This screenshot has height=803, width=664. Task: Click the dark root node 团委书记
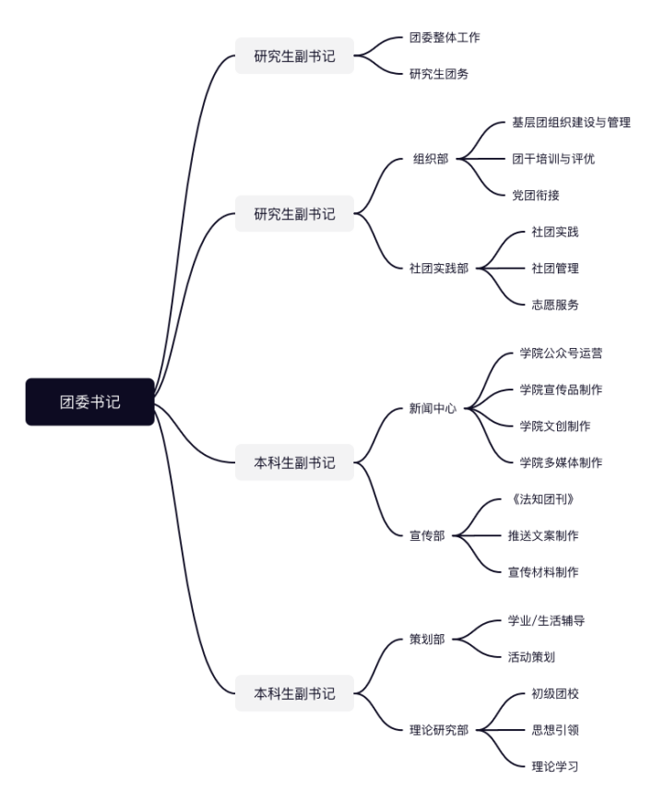click(x=89, y=401)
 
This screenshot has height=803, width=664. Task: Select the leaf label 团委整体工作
click(x=444, y=38)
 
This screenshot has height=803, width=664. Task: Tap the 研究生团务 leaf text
click(x=438, y=74)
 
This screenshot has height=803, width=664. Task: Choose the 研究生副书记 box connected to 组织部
click(x=294, y=213)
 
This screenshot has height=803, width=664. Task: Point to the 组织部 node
click(x=431, y=159)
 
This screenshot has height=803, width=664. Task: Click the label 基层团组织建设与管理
click(x=571, y=122)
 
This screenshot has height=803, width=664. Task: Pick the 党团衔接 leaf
click(x=536, y=195)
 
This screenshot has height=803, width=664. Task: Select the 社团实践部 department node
click(x=438, y=268)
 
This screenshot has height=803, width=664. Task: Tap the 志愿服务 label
click(x=554, y=305)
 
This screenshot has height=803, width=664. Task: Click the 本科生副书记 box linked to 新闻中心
click(x=294, y=461)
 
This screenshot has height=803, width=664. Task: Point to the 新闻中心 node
click(x=433, y=407)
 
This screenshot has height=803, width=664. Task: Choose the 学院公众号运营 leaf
click(x=561, y=353)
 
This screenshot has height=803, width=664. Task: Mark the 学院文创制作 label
click(x=554, y=425)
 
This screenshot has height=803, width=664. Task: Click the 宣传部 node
click(x=427, y=535)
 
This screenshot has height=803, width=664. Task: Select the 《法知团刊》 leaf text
click(x=548, y=499)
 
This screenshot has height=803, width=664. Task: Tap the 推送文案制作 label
click(x=543, y=535)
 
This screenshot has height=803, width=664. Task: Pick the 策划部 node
click(x=427, y=639)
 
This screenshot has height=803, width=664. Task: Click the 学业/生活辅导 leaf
click(x=546, y=620)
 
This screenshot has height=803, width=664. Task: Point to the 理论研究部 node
click(x=438, y=730)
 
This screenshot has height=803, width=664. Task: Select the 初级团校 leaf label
click(x=554, y=693)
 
